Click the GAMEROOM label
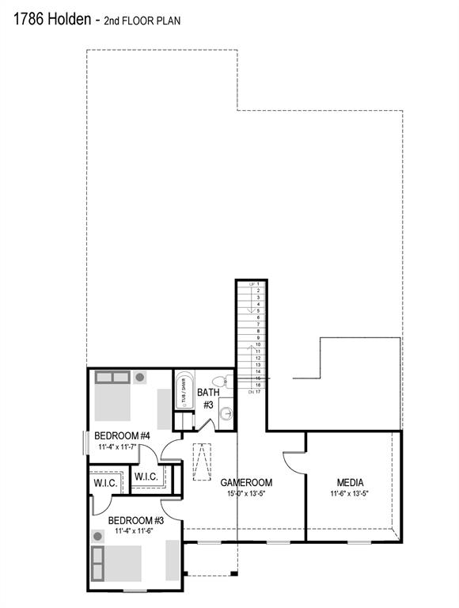pos(246,482)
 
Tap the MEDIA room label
pos(350,482)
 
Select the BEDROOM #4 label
pos(123,435)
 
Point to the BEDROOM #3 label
pos(135,520)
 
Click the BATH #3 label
pos(207,398)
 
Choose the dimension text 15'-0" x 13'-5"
pos(246,494)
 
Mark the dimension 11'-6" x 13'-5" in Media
pos(350,494)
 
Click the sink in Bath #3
pos(226,413)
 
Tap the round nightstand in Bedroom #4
pos(140,378)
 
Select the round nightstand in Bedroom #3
pos(98,537)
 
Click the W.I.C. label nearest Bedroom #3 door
pos(104,482)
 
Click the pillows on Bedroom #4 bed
pos(112,378)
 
